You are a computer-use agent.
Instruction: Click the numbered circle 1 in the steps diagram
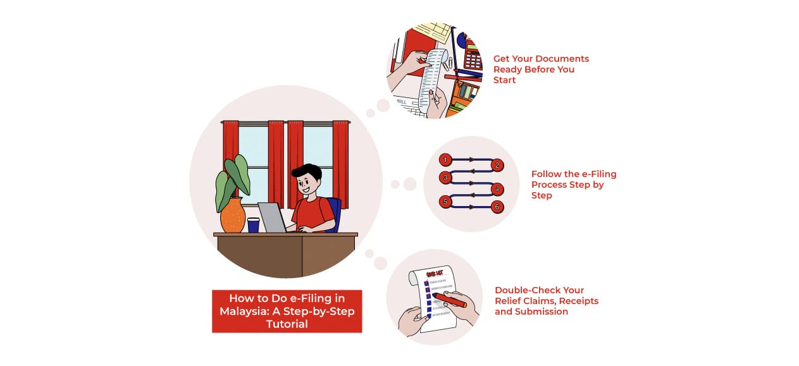[445, 159]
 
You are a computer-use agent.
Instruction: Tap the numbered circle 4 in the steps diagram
[497, 189]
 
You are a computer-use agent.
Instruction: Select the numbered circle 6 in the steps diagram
[497, 207]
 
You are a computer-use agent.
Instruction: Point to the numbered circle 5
[445, 202]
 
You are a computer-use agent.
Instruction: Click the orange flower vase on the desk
[233, 216]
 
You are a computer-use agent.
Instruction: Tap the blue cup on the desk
[253, 224]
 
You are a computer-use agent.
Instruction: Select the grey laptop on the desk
[272, 217]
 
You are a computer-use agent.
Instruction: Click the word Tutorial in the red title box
[287, 324]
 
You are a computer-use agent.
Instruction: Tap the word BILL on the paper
[402, 101]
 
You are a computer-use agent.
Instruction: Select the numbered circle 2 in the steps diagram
[497, 166]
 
